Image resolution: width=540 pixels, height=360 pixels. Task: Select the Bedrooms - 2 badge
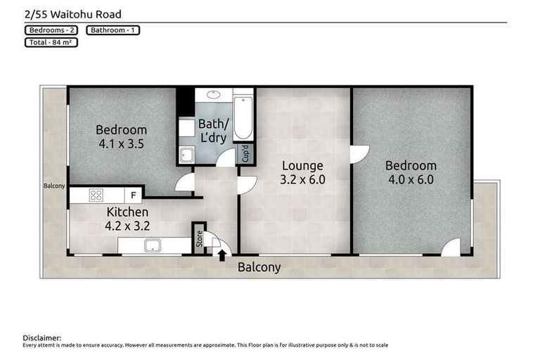click(53, 30)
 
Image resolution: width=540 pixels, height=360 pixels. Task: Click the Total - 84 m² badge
click(50, 42)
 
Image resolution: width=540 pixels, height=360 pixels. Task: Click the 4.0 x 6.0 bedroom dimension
click(411, 179)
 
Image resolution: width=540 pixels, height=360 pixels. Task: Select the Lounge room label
click(302, 166)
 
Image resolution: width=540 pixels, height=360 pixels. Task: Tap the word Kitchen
click(127, 212)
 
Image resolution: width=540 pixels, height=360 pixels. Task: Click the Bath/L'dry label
click(212, 131)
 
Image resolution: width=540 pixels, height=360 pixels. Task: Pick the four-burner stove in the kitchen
click(96, 195)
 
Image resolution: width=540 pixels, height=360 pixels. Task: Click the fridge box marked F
click(132, 195)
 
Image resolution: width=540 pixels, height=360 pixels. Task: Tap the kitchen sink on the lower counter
click(150, 246)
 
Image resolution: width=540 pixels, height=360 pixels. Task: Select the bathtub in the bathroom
click(243, 118)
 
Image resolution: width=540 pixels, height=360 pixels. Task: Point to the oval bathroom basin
click(214, 94)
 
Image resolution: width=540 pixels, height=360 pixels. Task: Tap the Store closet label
click(198, 238)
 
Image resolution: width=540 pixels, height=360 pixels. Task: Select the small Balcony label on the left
click(54, 186)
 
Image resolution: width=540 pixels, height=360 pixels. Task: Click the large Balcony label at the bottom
click(259, 267)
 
